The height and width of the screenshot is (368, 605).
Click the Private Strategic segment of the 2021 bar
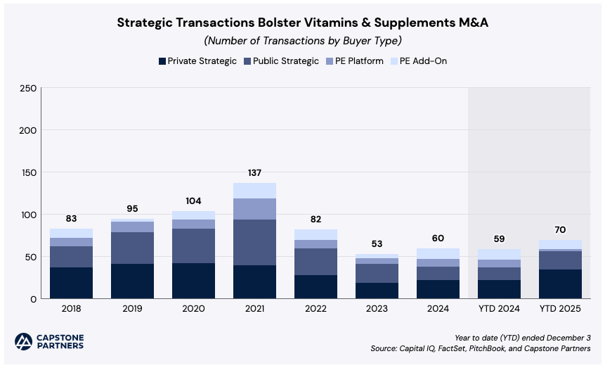254,281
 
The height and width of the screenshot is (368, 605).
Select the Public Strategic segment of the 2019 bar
131,248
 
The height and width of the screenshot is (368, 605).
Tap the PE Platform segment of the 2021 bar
254,209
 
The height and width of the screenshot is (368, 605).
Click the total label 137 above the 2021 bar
254,173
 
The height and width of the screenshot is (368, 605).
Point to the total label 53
377,244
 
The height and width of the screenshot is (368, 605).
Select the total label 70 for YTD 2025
560,229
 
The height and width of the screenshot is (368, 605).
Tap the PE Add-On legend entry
423,61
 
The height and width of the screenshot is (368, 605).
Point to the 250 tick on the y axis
29,88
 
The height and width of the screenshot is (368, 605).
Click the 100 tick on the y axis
29,215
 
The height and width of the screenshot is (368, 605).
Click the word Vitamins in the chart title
321,23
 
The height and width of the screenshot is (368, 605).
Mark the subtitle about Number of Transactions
302,40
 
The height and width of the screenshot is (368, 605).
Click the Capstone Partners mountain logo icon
24,341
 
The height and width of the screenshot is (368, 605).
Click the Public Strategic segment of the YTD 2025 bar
560,260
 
